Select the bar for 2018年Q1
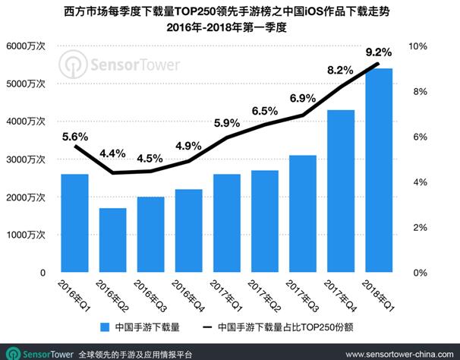(x=379, y=170)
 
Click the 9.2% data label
(x=378, y=52)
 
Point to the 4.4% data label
(x=112, y=153)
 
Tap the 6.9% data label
(x=302, y=98)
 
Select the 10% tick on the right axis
(x=419, y=46)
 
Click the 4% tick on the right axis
(x=417, y=182)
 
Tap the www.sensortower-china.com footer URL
(x=397, y=354)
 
